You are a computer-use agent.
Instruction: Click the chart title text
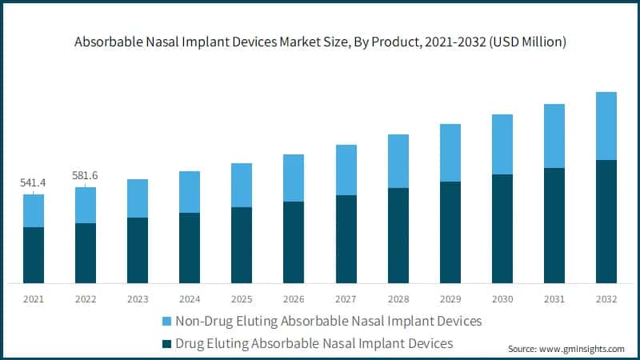pyautogui.click(x=320, y=42)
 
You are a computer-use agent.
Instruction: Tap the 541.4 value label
pyautogui.click(x=33, y=183)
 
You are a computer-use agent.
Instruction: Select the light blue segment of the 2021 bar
pyautogui.click(x=33, y=210)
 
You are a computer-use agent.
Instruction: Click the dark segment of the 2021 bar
pyautogui.click(x=33, y=255)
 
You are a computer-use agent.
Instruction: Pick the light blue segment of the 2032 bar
pyautogui.click(x=606, y=126)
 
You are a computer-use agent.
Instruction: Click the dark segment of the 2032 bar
pyautogui.click(x=606, y=222)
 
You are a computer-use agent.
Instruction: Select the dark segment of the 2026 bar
pyautogui.click(x=293, y=242)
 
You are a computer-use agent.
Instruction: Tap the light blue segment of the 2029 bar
pyautogui.click(x=450, y=153)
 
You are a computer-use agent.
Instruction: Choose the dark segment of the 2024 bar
pyautogui.click(x=189, y=248)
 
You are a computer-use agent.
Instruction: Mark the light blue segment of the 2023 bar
pyautogui.click(x=137, y=198)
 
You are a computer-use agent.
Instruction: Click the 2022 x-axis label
pyautogui.click(x=85, y=299)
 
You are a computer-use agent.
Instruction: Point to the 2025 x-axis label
pyautogui.click(x=241, y=299)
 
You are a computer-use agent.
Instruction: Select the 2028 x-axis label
pyautogui.click(x=398, y=299)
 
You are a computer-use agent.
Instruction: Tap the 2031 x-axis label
pyautogui.click(x=554, y=299)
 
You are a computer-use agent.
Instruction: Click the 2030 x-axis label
pyautogui.click(x=502, y=299)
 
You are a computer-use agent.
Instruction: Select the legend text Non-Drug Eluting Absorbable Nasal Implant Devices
pyautogui.click(x=328, y=322)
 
